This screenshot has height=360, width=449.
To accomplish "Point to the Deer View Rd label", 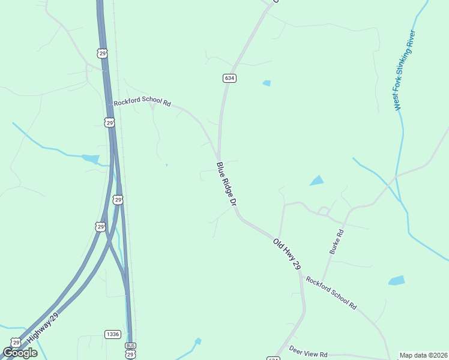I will tap(308, 352).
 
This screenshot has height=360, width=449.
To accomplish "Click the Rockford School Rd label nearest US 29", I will tap(142, 102).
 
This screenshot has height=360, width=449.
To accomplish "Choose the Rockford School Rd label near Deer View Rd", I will tap(331, 293).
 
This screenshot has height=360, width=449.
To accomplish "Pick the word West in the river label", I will tap(397, 101).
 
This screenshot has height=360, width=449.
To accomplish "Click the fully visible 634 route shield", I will tap(229, 78).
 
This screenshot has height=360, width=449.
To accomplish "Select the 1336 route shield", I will tap(112, 334).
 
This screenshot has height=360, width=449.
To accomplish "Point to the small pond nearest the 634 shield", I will tap(267, 83).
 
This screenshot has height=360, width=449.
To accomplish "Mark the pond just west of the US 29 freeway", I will tap(91, 159).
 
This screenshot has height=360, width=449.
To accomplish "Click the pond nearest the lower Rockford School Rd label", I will tap(396, 280).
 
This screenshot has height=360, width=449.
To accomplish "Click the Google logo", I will tap(20, 353).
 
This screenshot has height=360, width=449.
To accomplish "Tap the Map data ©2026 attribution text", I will tap(423, 355).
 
